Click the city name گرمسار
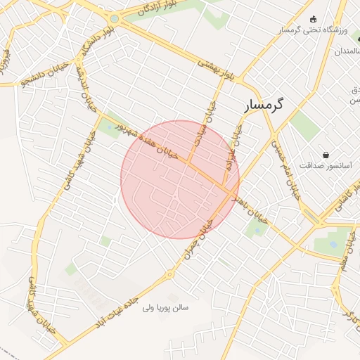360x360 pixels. coord(264,105)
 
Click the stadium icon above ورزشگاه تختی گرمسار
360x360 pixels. coord(313,19)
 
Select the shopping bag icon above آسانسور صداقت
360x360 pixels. coord(326,155)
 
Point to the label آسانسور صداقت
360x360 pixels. coord(325,165)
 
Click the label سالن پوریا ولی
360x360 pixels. coord(171,307)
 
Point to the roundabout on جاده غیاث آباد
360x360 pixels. coord(169,275)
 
